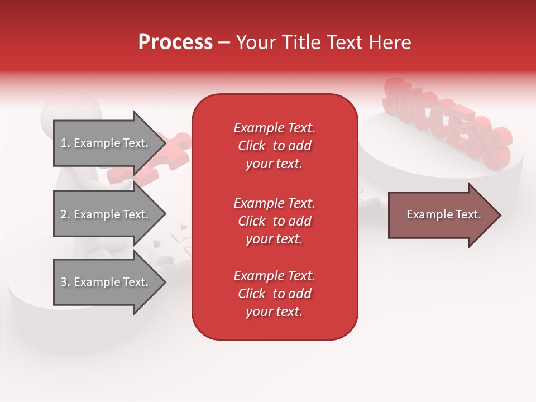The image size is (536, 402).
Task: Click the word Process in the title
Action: pyautogui.click(x=175, y=42)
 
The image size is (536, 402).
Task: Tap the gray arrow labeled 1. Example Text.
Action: pyautogui.click(x=106, y=143)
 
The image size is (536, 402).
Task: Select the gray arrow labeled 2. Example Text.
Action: pyautogui.click(x=106, y=214)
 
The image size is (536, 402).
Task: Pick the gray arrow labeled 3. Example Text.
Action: pyautogui.click(x=106, y=282)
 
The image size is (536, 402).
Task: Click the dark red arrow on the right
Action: pyautogui.click(x=441, y=215)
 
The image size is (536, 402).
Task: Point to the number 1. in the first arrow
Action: pyautogui.click(x=65, y=143)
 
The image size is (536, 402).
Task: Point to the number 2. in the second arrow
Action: pyautogui.click(x=65, y=214)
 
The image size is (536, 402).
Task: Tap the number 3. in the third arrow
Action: pyautogui.click(x=65, y=282)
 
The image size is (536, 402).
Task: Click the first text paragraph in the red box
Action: pyautogui.click(x=274, y=146)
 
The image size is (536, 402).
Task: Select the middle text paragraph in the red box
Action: pyautogui.click(x=274, y=221)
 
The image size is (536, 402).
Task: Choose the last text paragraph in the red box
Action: pyautogui.click(x=274, y=294)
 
